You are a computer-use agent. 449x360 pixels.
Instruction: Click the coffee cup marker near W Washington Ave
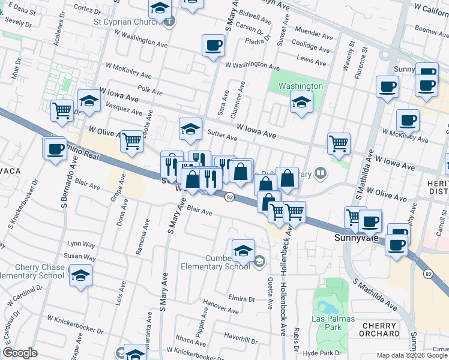tap(214, 46)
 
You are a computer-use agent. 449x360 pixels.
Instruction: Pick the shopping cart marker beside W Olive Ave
tap(131, 142)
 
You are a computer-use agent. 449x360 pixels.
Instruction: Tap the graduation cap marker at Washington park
tap(301, 102)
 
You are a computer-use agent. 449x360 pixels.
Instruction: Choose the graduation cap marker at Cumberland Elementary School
tap(243, 251)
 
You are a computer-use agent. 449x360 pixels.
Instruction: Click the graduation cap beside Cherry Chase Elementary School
tap(80, 275)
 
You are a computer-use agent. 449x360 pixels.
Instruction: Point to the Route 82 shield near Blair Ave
tap(229, 197)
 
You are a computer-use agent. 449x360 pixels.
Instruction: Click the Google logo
tap(20, 353)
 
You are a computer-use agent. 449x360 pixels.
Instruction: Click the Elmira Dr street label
tap(242, 298)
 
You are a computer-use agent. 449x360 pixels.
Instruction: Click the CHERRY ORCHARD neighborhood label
tap(381, 329)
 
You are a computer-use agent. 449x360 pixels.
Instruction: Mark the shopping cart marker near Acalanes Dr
tap(62, 110)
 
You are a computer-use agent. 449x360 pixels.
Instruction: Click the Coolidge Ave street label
tap(310, 47)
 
